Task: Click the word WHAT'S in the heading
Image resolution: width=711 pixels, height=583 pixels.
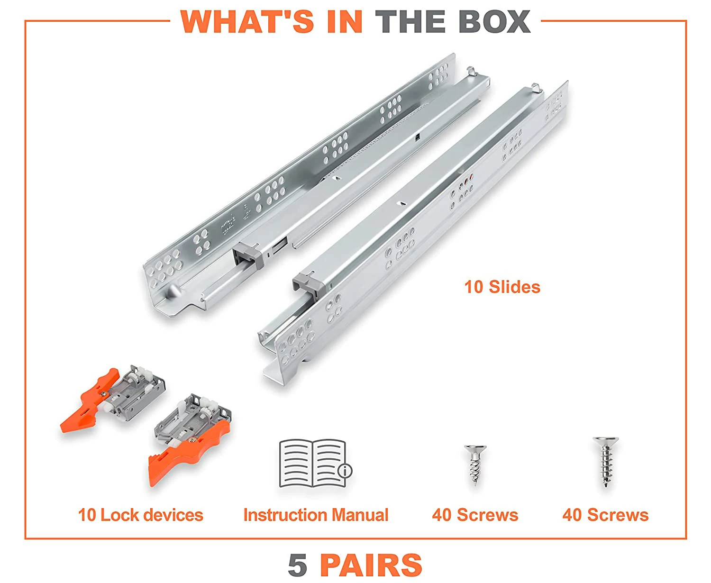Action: [x=247, y=22]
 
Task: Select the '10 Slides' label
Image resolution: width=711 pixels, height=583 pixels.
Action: [x=502, y=287]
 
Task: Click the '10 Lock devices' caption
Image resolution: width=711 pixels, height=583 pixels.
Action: [x=141, y=515]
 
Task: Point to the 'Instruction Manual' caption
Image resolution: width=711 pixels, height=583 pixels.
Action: [x=316, y=515]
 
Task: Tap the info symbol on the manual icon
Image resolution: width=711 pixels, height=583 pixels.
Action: [x=345, y=470]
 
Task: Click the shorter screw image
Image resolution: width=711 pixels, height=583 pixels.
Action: [x=475, y=465]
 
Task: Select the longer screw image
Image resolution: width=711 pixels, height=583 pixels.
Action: [x=605, y=462]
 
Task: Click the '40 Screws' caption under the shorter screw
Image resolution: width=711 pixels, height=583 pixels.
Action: [x=475, y=515]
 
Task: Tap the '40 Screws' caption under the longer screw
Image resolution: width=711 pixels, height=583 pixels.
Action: [x=605, y=515]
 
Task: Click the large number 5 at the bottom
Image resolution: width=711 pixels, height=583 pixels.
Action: [x=298, y=565]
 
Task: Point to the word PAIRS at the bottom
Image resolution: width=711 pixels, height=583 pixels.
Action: [x=371, y=565]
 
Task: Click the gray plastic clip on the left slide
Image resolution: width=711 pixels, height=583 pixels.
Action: [x=249, y=255]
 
